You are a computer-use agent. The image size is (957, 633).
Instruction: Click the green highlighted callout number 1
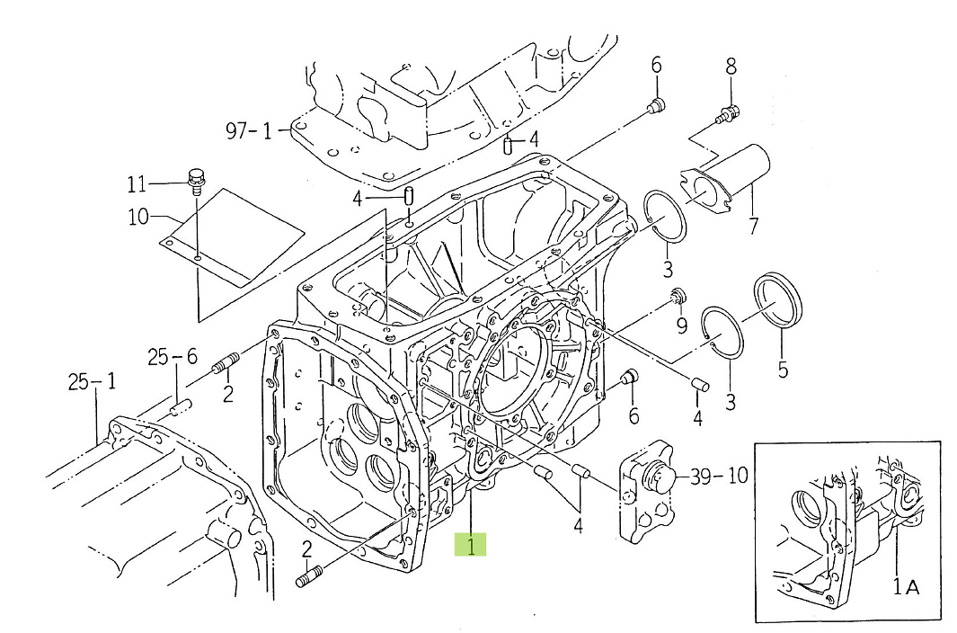point(470,544)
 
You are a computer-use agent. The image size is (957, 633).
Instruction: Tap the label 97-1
point(248,131)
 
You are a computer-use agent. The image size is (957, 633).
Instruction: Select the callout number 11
point(136,185)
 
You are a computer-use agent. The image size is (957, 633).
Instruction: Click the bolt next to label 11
point(196,179)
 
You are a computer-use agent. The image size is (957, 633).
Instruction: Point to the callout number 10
point(140,218)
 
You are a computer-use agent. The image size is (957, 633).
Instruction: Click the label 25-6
point(173,358)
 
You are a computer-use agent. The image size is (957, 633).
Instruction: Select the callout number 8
point(731,66)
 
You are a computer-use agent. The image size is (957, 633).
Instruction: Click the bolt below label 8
point(728,113)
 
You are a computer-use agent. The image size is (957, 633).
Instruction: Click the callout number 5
point(782,370)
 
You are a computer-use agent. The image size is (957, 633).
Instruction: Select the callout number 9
point(681,325)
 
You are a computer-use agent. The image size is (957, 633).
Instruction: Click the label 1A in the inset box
point(905,586)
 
